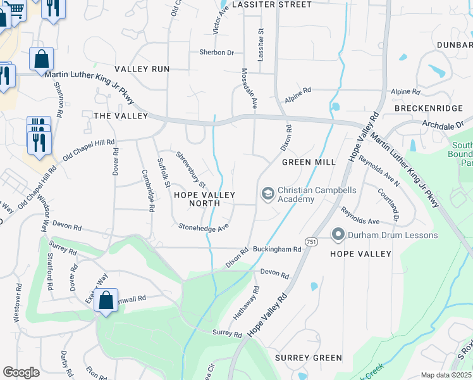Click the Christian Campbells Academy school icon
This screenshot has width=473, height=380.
267,193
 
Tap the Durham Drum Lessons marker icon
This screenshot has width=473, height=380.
338,236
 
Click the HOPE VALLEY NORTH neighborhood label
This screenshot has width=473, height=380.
205,199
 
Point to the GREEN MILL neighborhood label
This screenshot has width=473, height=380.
309,162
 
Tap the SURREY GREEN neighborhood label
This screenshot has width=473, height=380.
309,358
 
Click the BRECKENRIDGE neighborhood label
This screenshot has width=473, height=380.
428,108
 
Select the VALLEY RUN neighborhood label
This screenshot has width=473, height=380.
142,68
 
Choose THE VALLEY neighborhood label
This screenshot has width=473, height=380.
120,116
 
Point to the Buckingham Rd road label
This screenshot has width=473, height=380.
277,250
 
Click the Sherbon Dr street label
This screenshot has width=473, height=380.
216,53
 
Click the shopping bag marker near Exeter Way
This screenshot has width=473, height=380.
107,300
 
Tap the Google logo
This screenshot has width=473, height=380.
21,372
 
